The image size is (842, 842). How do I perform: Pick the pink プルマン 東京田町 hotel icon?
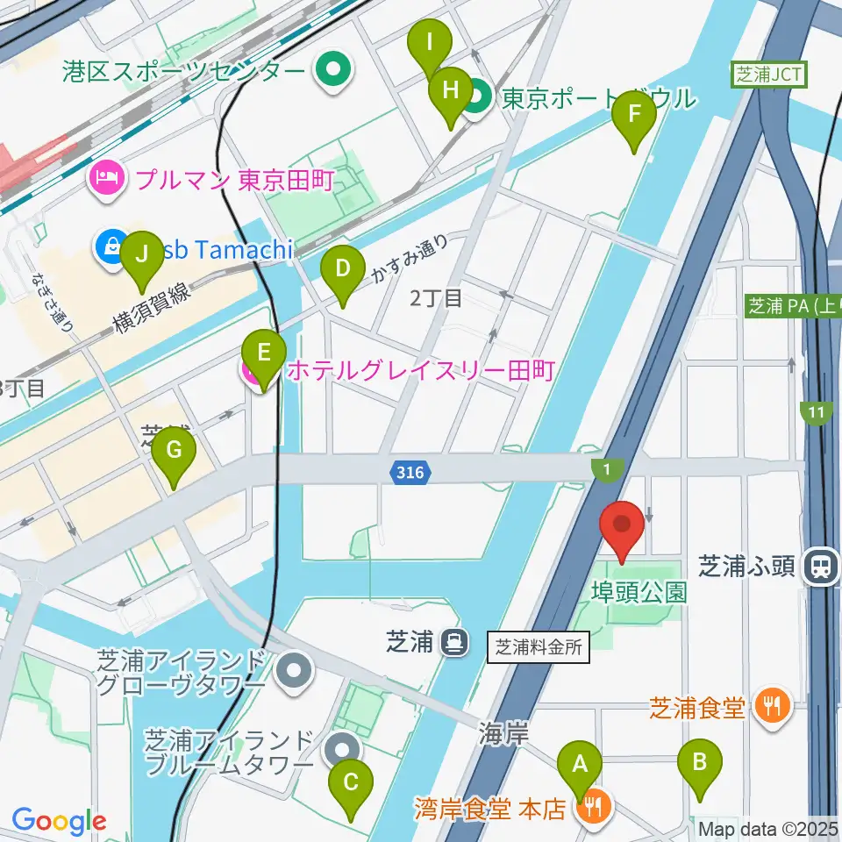click(x=107, y=182)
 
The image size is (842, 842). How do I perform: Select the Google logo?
click(x=59, y=821)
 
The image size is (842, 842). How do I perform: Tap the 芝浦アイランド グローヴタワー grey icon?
click(x=294, y=672)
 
